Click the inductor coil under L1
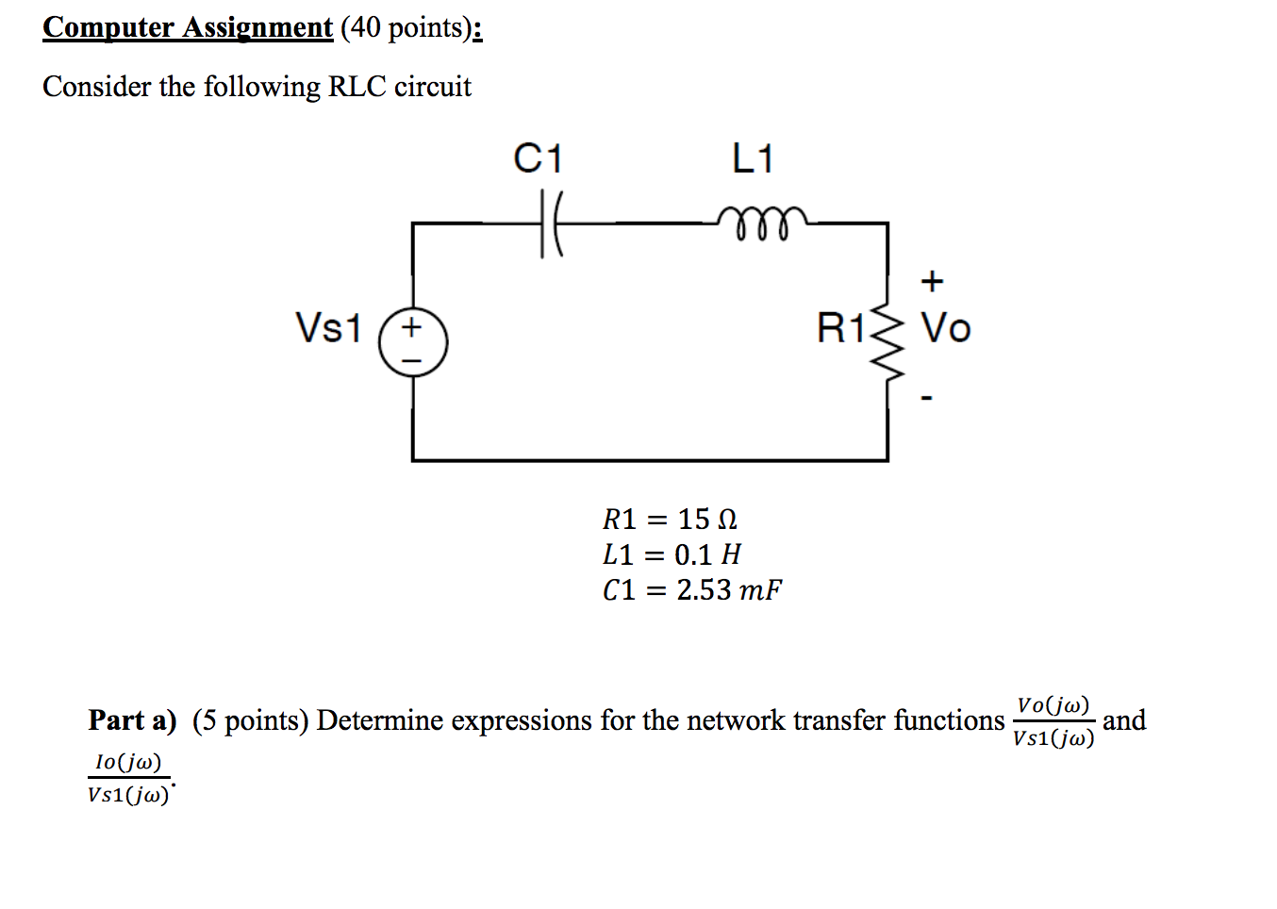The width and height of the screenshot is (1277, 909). tap(761, 223)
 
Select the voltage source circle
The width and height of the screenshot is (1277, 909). tap(413, 342)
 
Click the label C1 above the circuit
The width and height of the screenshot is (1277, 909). tap(538, 158)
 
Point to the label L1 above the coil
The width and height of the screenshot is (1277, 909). tap(753, 158)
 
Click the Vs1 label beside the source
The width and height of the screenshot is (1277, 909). tap(328, 328)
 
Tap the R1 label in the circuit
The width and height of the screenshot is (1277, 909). tap(840, 328)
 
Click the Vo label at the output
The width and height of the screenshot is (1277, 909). tap(945, 328)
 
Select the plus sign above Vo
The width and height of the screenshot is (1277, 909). tap(932, 281)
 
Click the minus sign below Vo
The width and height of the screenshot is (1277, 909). tap(927, 399)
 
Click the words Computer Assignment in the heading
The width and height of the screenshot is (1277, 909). tap(188, 27)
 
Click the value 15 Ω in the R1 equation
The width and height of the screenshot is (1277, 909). tap(707, 519)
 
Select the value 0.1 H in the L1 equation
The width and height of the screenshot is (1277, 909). tap(707, 554)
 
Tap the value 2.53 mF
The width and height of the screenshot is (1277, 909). tap(728, 590)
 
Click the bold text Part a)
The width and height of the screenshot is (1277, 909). tap(132, 720)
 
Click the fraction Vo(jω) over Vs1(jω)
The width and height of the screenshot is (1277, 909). tap(1053, 721)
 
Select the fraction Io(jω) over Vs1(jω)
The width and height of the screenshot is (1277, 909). tap(128, 778)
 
